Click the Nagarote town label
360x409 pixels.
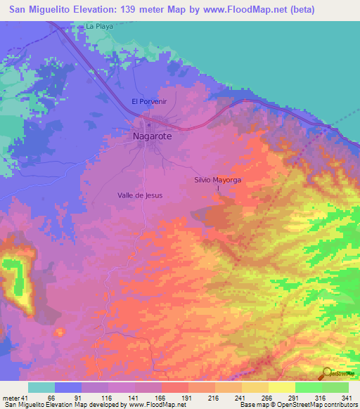pos(152,137)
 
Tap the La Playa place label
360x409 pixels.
pos(99,26)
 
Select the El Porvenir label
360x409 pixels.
pos(149,101)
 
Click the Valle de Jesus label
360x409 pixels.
pos(140,196)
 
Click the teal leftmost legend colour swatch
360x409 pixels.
pos(41,387)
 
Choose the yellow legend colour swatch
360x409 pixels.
pos(281,387)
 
